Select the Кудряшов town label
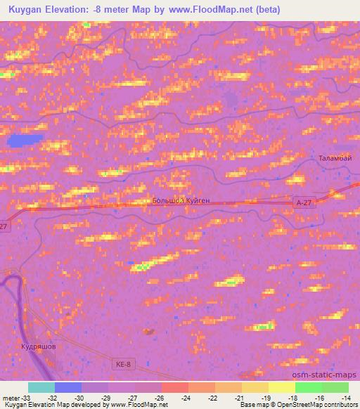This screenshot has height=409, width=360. point(37,347)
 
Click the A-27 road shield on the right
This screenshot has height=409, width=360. point(303,202)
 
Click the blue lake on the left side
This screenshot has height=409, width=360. point(25,141)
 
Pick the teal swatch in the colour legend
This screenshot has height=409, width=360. point(41,387)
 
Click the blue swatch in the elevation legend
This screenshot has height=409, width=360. point(68,387)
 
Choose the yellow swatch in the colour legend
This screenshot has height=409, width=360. point(281,387)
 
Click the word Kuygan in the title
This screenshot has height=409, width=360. point(24,10)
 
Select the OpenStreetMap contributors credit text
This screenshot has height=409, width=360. point(322,405)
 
